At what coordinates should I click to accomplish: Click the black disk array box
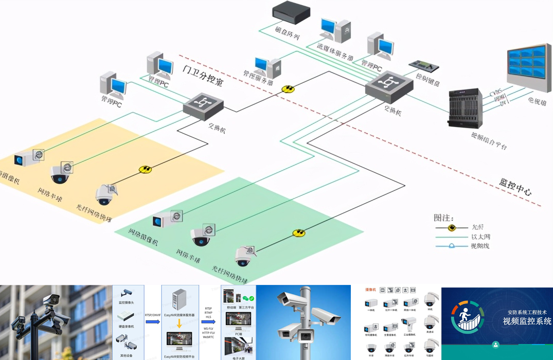[291, 12]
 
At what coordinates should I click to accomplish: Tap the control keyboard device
[423, 66]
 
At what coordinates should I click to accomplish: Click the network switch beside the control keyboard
[389, 85]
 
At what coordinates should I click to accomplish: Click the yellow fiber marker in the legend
[452, 227]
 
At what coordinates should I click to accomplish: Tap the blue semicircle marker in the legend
[452, 246]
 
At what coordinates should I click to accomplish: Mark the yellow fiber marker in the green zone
[299, 233]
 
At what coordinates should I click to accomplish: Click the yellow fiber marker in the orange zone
[146, 169]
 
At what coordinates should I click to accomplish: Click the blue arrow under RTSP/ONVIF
[152, 322]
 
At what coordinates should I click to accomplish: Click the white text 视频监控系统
[527, 321]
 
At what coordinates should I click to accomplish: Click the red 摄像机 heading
[371, 290]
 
